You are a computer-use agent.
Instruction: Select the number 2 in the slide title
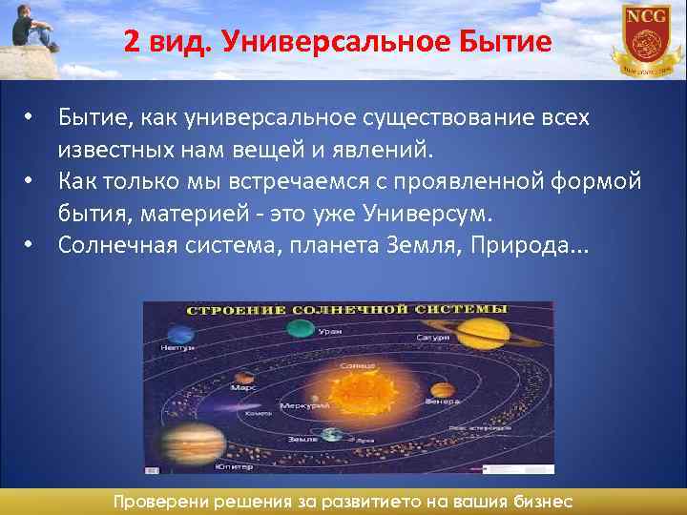[131, 42]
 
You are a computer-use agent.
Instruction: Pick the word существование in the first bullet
[448, 118]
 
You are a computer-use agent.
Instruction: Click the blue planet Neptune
[177, 334]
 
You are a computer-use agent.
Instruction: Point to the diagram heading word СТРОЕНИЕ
[230, 310]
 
